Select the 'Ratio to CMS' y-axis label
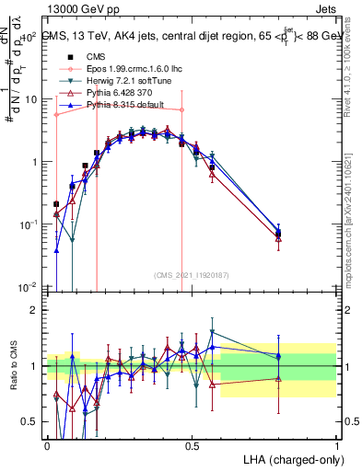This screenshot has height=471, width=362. (13, 379)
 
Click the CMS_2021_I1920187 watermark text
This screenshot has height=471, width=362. (191, 275)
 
